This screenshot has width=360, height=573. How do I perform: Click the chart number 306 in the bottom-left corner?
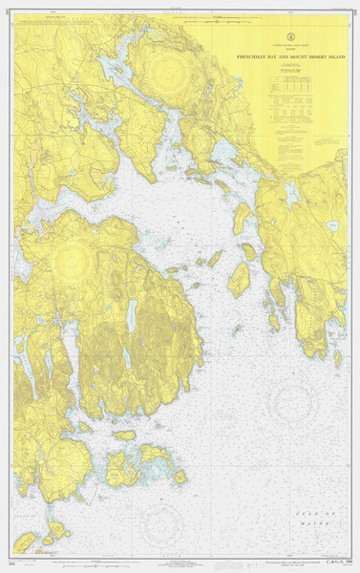[10, 562]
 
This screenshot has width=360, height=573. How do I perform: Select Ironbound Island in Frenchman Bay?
[239, 280]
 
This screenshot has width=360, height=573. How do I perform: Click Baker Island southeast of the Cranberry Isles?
[179, 476]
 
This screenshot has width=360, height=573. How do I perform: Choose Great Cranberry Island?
[122, 468]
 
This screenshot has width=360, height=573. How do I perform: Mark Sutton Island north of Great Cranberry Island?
[124, 435]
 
